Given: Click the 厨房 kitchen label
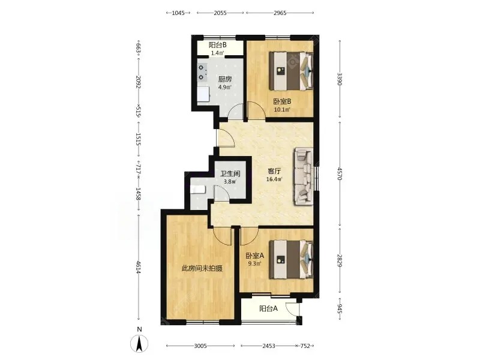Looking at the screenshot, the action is [x=225, y=79].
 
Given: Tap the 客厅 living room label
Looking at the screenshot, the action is [x=274, y=171].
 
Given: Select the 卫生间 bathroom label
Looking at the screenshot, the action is [x=230, y=173].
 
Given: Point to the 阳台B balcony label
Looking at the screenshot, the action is [x=218, y=45].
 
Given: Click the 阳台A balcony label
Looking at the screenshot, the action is [x=268, y=308].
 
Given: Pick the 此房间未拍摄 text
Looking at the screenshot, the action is [x=202, y=268].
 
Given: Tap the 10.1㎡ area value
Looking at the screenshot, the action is [x=282, y=110].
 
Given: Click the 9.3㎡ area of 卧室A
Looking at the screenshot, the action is [x=254, y=263].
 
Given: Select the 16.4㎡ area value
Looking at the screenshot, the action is [x=274, y=179].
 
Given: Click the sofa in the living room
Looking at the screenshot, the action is [x=304, y=176].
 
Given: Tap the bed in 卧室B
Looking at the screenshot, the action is [x=291, y=71].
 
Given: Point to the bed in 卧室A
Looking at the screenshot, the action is [x=291, y=260].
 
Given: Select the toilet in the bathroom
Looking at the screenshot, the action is [x=198, y=190].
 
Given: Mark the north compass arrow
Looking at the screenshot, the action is [x=139, y=343].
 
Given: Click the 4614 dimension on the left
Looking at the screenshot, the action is [x=139, y=267].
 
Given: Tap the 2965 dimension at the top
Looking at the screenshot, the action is [x=280, y=13].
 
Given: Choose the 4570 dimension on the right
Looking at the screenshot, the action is [x=340, y=173].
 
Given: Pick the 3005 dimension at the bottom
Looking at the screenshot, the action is [x=200, y=346].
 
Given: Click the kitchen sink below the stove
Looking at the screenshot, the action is [x=203, y=94].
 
